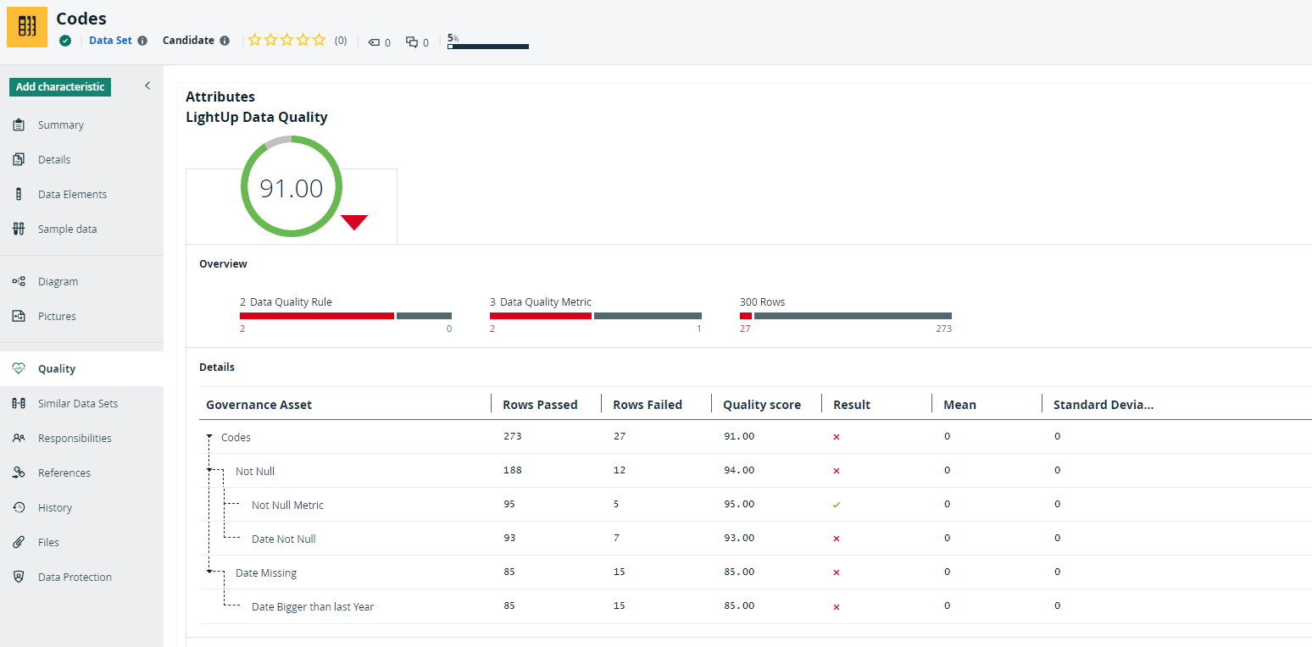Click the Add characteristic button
[x=60, y=87]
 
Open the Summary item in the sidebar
[x=60, y=125]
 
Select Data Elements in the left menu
[x=72, y=195]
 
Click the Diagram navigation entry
[x=58, y=282]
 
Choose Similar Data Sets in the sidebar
[x=77, y=404]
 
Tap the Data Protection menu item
[x=75, y=578]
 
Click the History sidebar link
[x=54, y=508]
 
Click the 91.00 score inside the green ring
[x=291, y=188]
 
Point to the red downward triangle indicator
[x=354, y=222]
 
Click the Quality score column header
[x=761, y=405]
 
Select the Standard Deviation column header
[x=1103, y=405]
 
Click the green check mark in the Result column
[x=837, y=505]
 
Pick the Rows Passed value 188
[x=512, y=470]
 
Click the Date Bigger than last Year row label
[x=312, y=607]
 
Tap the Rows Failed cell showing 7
[x=616, y=538]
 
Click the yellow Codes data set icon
[x=27, y=27]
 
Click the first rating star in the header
[x=255, y=40]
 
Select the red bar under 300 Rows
[x=746, y=316]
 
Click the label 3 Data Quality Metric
[x=540, y=301]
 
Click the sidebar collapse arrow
[x=147, y=86]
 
